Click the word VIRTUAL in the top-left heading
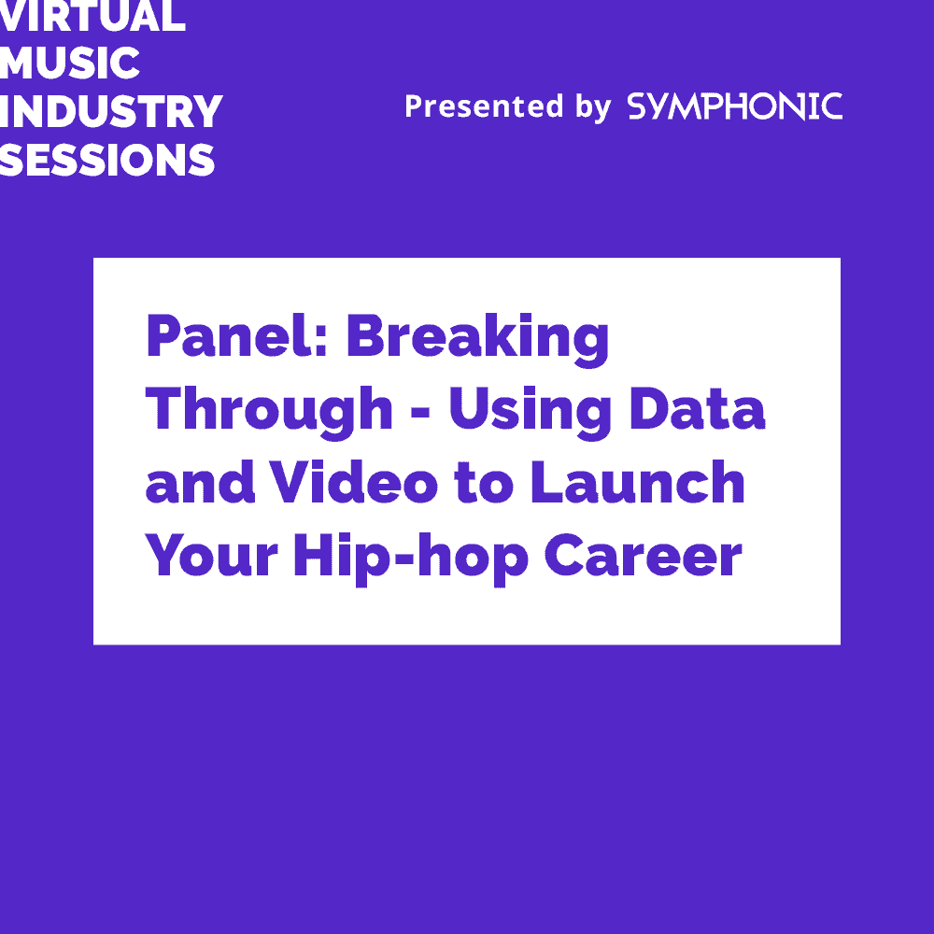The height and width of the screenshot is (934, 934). [92, 16]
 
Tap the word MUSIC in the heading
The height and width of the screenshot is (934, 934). [70, 64]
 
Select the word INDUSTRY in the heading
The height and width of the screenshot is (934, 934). [110, 112]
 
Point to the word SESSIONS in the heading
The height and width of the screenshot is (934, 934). [107, 161]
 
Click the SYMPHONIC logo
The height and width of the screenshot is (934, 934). [734, 106]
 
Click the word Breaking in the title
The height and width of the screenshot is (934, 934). [477, 338]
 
